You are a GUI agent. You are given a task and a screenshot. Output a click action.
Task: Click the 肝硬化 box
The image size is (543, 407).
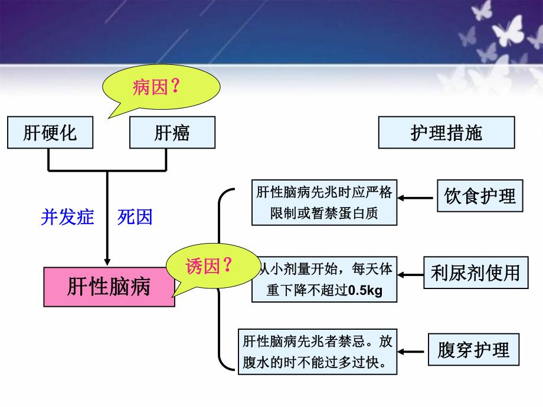point(50,133)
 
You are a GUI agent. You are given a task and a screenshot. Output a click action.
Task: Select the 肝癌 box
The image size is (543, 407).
point(172,133)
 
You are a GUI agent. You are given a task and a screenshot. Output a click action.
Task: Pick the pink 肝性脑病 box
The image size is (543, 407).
point(109,287)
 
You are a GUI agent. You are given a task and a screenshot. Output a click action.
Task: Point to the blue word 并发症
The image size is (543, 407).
point(67,217)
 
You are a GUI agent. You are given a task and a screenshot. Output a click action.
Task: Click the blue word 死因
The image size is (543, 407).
point(135,217)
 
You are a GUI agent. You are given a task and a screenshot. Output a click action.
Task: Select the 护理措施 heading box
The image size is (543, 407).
point(446,132)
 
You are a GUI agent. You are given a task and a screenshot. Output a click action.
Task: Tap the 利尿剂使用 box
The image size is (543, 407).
point(475,273)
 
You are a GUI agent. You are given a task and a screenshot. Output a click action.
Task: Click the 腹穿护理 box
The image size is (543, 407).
point(474,350)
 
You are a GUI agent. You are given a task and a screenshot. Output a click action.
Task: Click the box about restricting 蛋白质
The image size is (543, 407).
point(322,203)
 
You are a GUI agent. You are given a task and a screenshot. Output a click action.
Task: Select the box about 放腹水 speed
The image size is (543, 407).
point(318,351)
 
